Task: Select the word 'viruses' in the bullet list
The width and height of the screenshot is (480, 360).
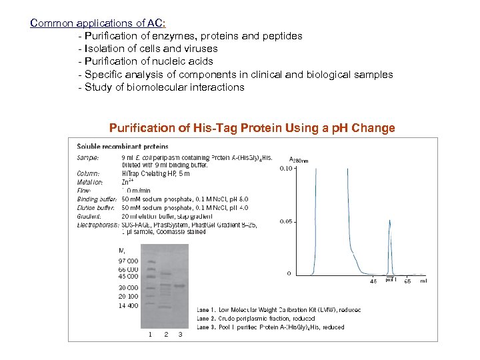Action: point(199,48)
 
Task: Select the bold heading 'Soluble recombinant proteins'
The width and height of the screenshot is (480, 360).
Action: point(123,147)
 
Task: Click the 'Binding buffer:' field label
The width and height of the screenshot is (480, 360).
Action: point(97,199)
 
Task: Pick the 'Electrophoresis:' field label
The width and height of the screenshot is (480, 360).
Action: point(98,225)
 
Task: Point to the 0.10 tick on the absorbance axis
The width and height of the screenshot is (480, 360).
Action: point(285,169)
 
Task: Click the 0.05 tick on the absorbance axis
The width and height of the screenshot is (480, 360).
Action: point(285,221)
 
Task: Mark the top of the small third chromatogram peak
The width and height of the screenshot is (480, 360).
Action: point(389,227)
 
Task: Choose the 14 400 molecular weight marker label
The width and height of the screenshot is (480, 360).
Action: point(129,305)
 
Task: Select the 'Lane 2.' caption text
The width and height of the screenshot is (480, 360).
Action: point(207,319)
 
